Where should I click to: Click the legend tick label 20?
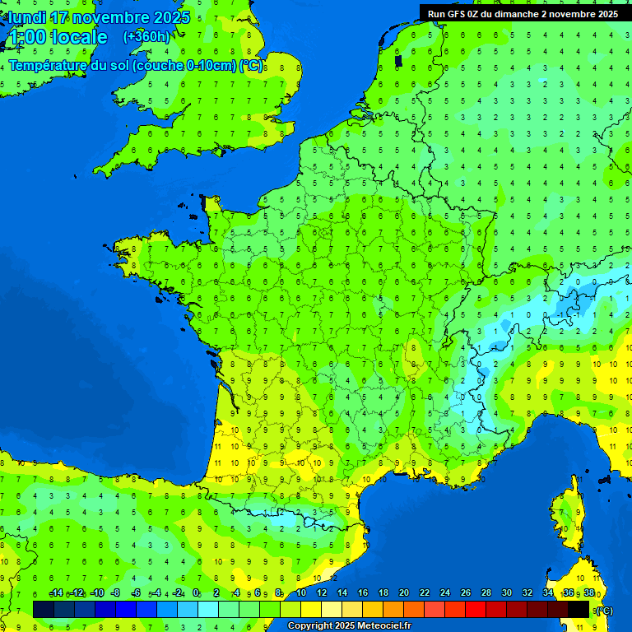coord(404,592)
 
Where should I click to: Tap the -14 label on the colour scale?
coord(57,592)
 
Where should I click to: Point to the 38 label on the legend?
coord(589,592)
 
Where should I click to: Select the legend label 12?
coord(322,592)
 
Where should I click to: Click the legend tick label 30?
coord(507,592)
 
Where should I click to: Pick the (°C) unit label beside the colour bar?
coord(604,610)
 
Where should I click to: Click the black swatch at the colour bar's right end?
coord(579,609)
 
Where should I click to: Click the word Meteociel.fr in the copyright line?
coord(382,626)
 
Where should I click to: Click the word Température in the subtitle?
coord(58,65)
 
